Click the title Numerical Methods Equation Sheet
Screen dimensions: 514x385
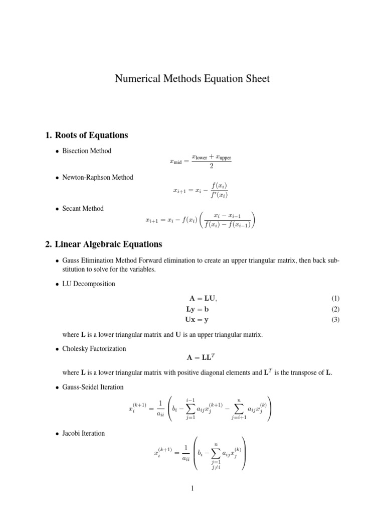tap(192, 78)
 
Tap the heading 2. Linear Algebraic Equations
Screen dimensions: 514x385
tap(104, 244)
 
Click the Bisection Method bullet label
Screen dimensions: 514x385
tap(87, 151)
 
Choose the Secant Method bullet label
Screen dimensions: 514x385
tap(83, 208)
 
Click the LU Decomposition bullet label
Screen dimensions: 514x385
tap(89, 284)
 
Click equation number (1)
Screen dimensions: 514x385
tap(335, 299)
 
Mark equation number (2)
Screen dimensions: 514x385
tap(335, 309)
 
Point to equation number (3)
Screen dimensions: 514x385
tap(335, 320)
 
